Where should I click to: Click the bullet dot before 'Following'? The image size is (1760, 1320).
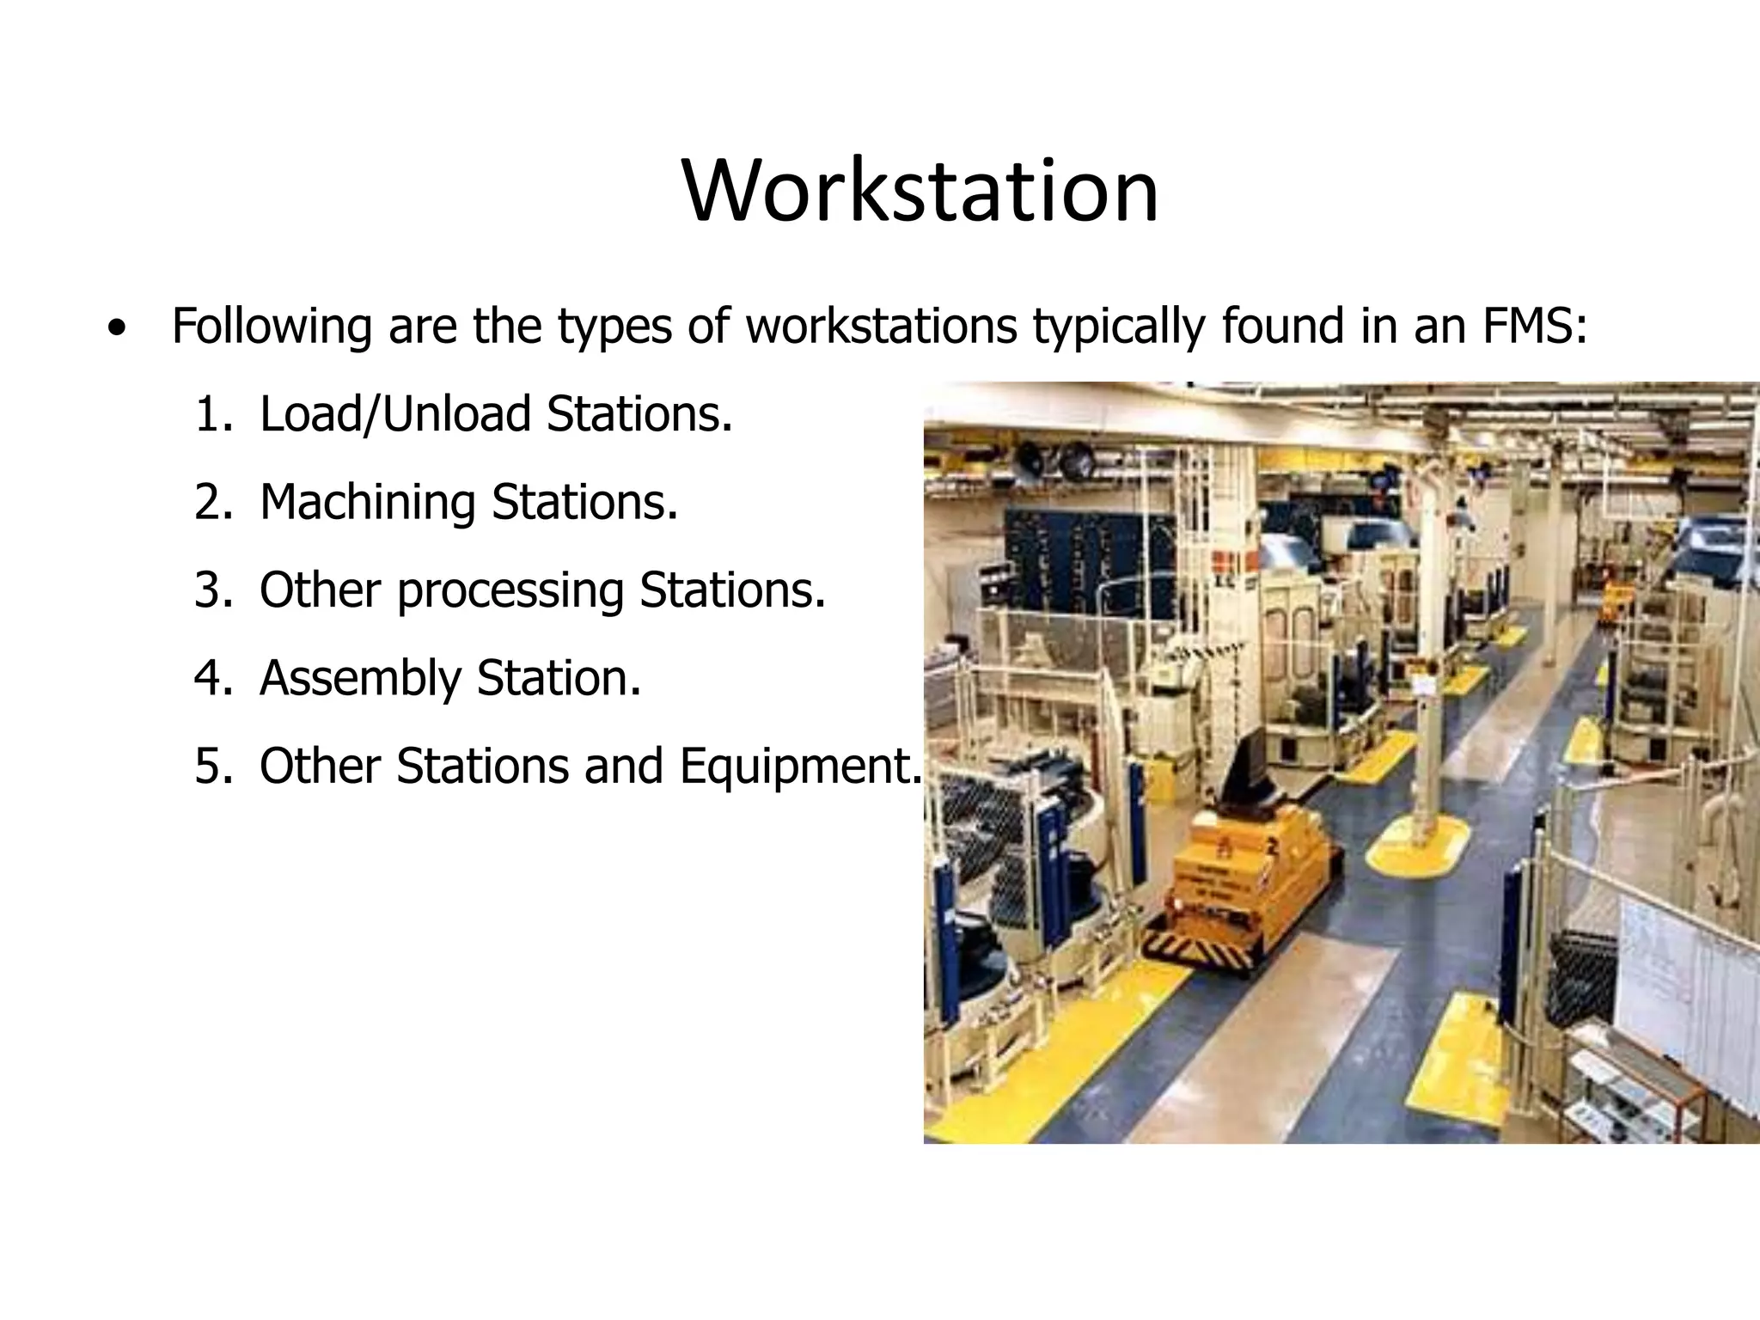[x=117, y=328]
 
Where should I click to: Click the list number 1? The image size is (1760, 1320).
[x=213, y=415]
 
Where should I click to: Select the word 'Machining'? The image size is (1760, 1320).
[x=367, y=503]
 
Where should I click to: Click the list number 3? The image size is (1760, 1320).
[x=213, y=591]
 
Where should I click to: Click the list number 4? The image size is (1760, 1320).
[x=213, y=679]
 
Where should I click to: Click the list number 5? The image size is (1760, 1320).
[x=213, y=767]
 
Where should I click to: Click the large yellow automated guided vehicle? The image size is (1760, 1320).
[x=1245, y=868]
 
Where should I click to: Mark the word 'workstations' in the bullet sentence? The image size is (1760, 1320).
[x=881, y=327]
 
